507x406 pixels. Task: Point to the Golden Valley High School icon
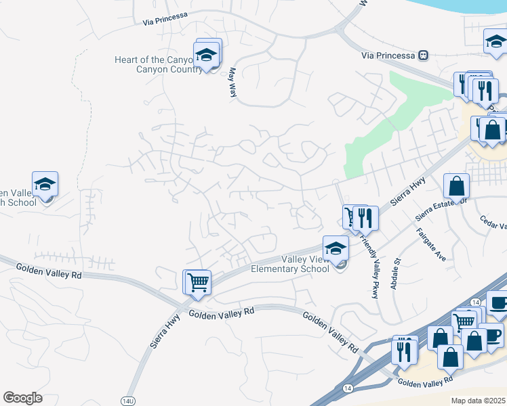point(45,185)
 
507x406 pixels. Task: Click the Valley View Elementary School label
point(290,264)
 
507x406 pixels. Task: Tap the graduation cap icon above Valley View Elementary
point(336,248)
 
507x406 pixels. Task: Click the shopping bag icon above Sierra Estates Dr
point(457,186)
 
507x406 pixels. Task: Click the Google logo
point(22,398)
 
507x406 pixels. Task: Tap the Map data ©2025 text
point(477,401)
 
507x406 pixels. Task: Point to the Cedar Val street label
point(493,222)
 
